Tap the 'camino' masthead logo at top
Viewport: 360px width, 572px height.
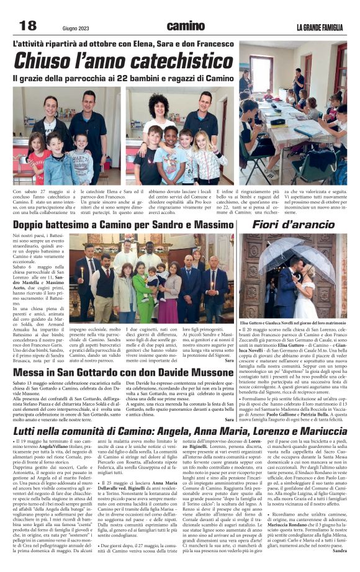(x=184, y=25)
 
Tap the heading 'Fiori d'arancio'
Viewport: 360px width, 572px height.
(x=294, y=224)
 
